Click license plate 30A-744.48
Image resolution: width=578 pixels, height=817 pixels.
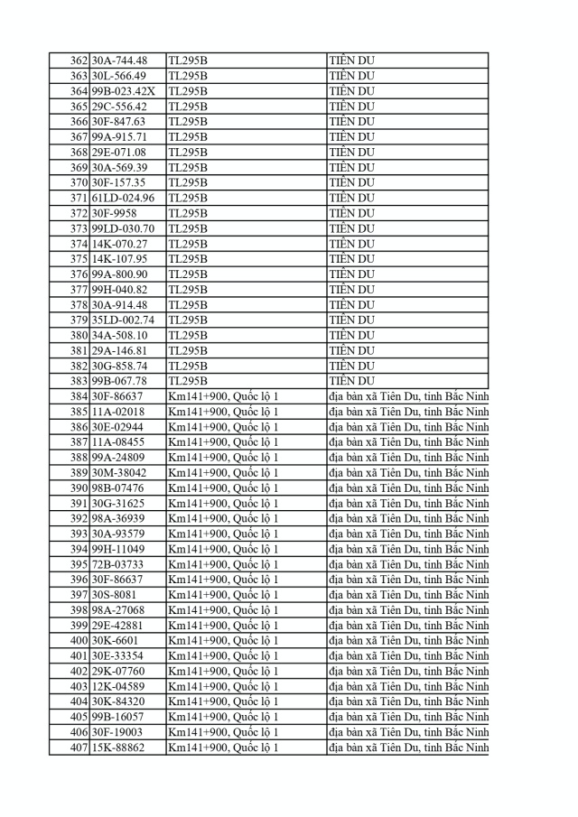coord(118,60)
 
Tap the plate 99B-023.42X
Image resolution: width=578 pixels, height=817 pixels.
coord(124,91)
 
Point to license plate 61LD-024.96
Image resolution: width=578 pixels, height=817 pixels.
coord(123,198)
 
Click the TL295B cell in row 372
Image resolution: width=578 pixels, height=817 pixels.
coord(188,213)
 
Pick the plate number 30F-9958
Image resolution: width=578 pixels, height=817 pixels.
coord(115,213)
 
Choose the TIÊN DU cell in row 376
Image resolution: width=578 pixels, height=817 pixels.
coord(351,274)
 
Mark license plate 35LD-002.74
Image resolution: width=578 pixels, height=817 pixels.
coord(123,320)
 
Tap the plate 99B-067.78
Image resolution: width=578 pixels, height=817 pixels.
coord(118,381)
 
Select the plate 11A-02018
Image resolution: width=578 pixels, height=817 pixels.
coord(117,412)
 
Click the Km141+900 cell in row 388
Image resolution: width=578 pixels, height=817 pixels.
coord(223,458)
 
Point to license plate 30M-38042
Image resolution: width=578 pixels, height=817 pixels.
coord(118,473)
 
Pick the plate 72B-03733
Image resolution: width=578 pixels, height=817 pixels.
coord(117,564)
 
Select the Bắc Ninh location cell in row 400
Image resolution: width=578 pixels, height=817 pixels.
coord(408,641)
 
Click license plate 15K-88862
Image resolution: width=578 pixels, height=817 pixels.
coord(117,747)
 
